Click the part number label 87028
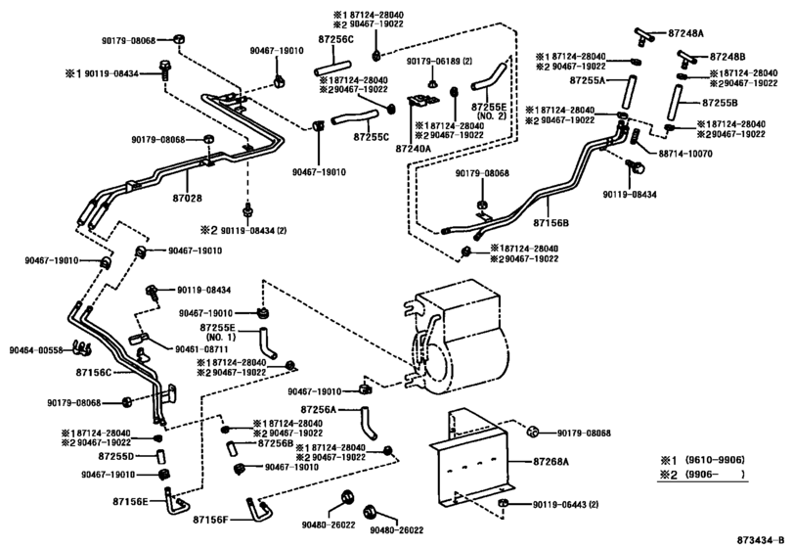(x=188, y=198)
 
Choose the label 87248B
(x=727, y=57)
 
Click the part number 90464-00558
(x=36, y=349)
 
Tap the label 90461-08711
(x=202, y=349)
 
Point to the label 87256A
(x=318, y=408)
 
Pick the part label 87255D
(x=118, y=456)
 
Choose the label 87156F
(x=210, y=520)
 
